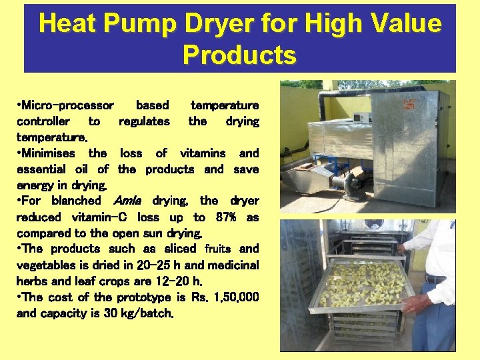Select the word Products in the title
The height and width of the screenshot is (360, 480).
(x=239, y=55)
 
